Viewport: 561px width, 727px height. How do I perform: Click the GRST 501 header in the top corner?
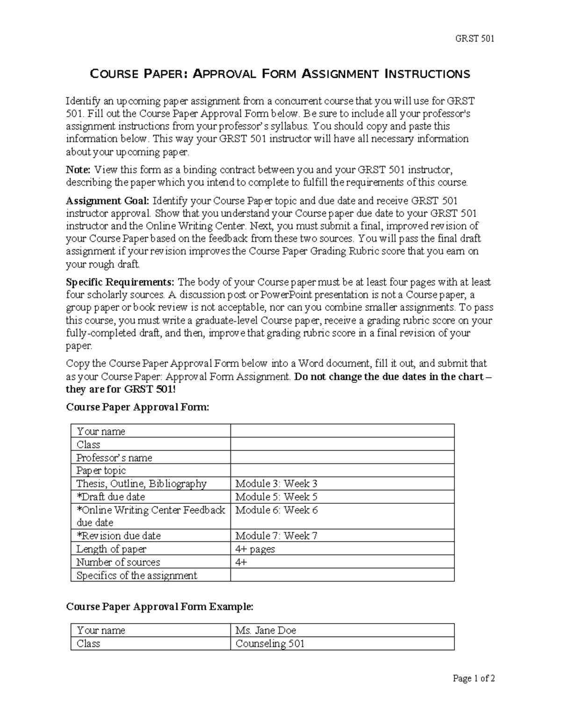475,38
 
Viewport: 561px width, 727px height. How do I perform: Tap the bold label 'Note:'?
79,169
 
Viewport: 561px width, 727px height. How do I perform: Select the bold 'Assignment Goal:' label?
108,201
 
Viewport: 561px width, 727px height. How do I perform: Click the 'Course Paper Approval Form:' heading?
138,407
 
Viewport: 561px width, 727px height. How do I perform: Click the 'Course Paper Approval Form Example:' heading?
160,607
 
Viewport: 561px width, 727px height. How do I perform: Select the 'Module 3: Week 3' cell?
276,484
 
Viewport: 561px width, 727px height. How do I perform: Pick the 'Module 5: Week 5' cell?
276,497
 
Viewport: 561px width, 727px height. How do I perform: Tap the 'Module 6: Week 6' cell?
276,510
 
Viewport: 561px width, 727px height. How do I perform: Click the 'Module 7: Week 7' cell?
276,536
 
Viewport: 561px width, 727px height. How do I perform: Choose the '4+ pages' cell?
255,549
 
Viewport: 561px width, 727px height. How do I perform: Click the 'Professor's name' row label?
115,458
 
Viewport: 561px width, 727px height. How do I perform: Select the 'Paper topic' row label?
101,470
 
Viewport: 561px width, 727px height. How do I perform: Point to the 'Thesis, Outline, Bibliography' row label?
141,484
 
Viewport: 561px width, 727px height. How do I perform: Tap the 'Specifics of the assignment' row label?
137,575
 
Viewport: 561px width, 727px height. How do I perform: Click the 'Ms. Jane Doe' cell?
266,631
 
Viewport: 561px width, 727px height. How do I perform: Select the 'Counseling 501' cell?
270,644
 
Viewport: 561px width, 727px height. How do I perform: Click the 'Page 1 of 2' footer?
474,678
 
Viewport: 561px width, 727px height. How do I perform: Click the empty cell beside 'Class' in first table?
342,444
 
